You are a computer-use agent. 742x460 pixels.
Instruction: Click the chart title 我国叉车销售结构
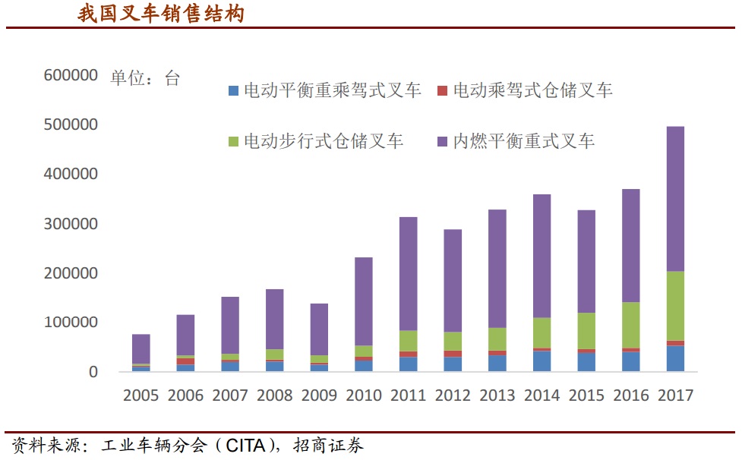click(x=161, y=14)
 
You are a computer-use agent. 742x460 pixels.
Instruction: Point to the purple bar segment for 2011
click(x=408, y=273)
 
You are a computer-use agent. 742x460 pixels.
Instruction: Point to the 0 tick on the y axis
click(x=93, y=372)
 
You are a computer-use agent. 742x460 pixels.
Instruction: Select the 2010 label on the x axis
click(x=364, y=395)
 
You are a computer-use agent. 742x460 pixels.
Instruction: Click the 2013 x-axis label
click(x=497, y=395)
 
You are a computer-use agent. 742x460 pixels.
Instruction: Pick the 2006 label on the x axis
click(x=185, y=395)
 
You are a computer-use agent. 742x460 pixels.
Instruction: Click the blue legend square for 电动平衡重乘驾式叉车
click(x=233, y=91)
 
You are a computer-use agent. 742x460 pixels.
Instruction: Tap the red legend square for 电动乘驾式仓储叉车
click(x=443, y=91)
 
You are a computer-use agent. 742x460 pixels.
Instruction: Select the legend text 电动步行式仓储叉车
click(x=323, y=141)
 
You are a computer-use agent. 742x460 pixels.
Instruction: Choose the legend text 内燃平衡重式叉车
click(x=524, y=141)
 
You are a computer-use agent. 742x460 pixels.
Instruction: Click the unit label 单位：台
click(x=145, y=78)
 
